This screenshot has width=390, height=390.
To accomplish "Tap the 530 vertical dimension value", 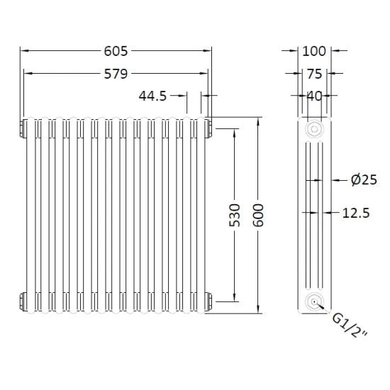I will pos(234,214).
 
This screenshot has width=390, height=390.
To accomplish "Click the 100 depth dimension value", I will pos(313,50).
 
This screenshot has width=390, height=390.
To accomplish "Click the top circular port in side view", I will pos(313,130).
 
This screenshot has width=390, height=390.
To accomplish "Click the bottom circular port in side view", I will pos(313,303).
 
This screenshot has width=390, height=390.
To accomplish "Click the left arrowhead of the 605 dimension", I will pos(23,50).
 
